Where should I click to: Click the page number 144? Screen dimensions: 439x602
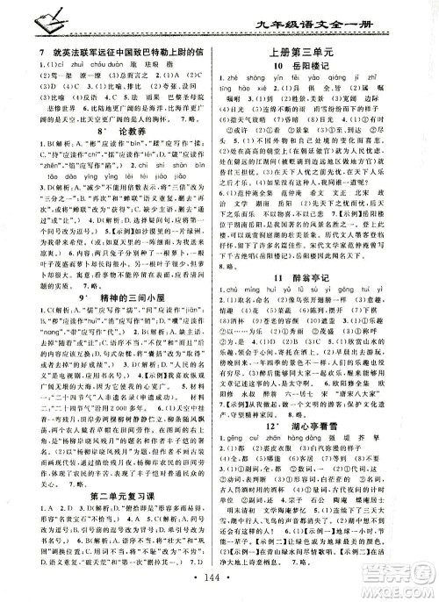click(x=219, y=583)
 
